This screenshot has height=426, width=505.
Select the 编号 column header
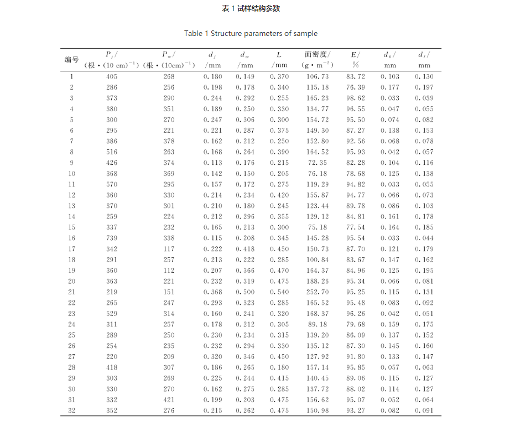(x=71, y=60)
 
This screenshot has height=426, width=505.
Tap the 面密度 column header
(x=317, y=55)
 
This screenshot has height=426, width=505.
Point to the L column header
(x=279, y=55)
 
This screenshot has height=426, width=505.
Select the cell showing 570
(x=112, y=184)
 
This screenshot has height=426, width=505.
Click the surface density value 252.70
(x=317, y=292)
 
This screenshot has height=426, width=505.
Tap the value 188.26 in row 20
(x=317, y=281)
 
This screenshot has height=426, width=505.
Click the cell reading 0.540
(x=279, y=292)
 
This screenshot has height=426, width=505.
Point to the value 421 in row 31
(x=168, y=399)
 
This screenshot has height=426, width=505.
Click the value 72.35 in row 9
(x=317, y=163)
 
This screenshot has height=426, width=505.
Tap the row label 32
(x=71, y=411)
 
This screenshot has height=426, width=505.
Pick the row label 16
(x=71, y=238)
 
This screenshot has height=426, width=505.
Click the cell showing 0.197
(x=424, y=87)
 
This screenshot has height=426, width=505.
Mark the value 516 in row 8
(x=112, y=152)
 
